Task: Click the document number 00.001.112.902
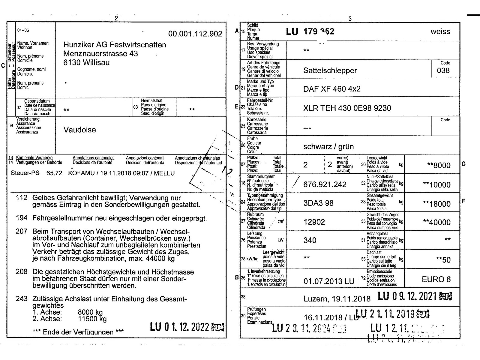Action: tap(195, 34)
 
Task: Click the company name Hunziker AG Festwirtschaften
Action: tap(115, 45)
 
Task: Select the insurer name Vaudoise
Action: tap(79, 130)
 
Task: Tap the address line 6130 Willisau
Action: tap(86, 63)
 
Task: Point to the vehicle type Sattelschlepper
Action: tap(330, 70)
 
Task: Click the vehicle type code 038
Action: tap(443, 70)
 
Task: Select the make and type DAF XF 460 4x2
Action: tap(332, 89)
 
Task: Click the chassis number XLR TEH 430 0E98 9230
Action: tap(347, 108)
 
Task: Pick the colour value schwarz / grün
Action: tap(328, 147)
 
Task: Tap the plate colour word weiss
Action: tap(440, 31)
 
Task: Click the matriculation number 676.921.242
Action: tap(325, 184)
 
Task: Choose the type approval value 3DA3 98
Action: tap(318, 203)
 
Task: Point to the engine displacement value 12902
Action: tap(314, 222)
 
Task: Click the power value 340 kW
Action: tap(310, 240)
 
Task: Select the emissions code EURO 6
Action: tap(436, 280)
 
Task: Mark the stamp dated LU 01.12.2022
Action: tap(187, 327)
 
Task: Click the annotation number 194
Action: tap(22, 218)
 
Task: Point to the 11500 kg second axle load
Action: tap(92, 319)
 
